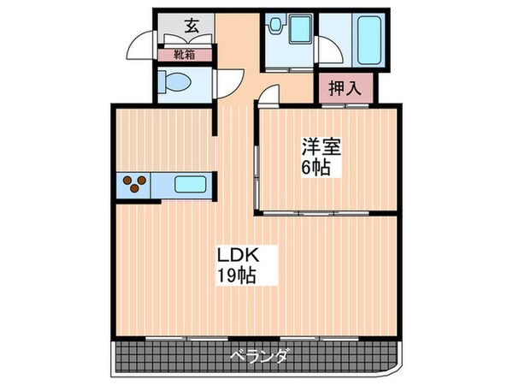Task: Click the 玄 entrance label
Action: (192, 27)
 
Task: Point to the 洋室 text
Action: (321, 146)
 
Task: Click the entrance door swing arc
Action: (140, 47)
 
